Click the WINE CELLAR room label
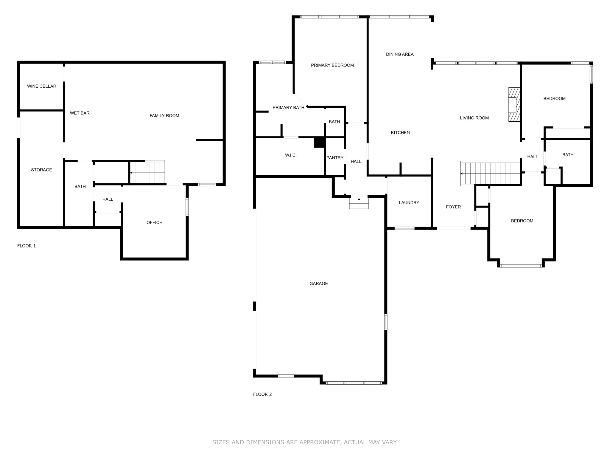click(42, 86)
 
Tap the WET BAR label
click(80, 113)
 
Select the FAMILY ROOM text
click(164, 116)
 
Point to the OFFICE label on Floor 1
click(154, 222)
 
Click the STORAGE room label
click(41, 170)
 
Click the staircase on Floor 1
click(148, 173)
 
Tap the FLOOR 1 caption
click(27, 246)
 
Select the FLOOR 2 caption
click(262, 394)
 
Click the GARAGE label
click(318, 284)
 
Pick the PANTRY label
click(335, 158)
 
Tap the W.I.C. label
click(291, 155)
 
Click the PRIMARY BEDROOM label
click(332, 65)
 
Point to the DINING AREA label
click(400, 54)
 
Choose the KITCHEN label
click(400, 133)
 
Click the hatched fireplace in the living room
click(514, 104)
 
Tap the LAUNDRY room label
click(409, 203)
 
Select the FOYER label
click(453, 207)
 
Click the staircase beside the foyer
click(490, 174)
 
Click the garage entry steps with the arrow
click(359, 203)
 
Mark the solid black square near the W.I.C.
click(319, 142)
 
